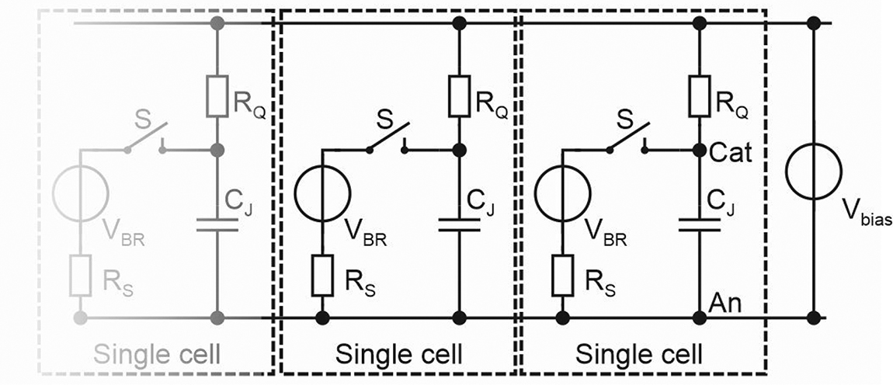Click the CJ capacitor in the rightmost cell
tap(700, 224)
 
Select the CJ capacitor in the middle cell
tap(459, 224)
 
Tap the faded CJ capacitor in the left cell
tap(217, 224)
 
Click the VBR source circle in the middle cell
tap(321, 189)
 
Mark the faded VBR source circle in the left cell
tap(80, 189)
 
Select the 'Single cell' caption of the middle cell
tap(399, 355)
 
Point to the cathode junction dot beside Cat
tap(700, 149)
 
